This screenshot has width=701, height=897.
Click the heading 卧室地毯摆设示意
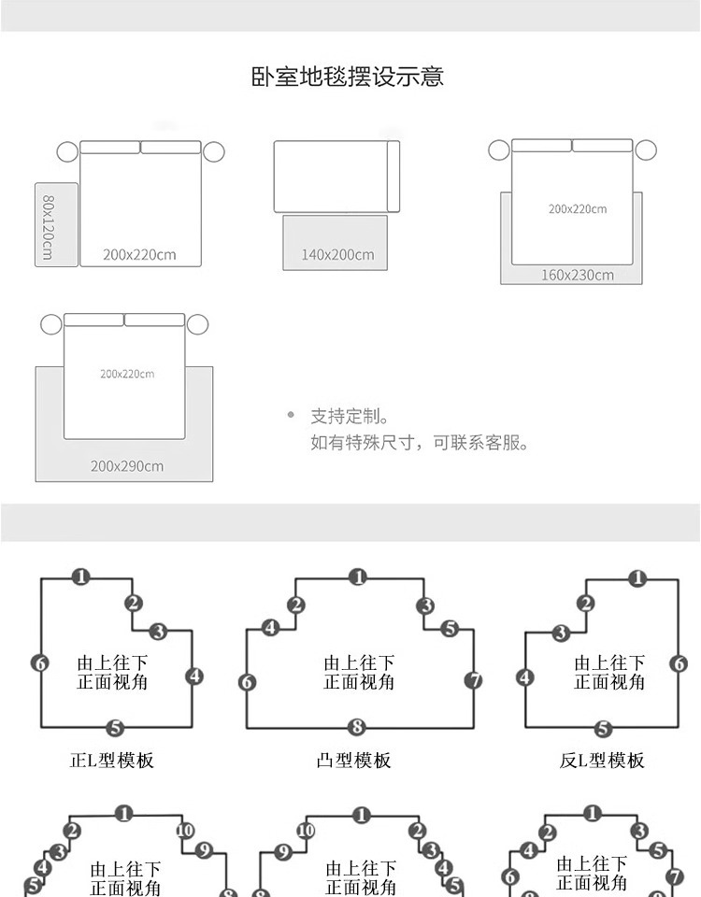pos(347,77)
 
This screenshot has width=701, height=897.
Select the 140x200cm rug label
pos(337,254)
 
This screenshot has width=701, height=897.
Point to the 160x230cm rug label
pos(578,275)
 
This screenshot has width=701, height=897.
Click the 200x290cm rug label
pos(127,465)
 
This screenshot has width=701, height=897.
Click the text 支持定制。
pos(350,416)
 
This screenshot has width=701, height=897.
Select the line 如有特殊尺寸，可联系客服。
pos(420,442)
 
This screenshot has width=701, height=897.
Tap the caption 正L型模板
pos(112,761)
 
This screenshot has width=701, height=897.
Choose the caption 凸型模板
pos(353,761)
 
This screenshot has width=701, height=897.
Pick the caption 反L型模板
pos(602,761)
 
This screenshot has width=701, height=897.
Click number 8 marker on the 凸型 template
pos(356,727)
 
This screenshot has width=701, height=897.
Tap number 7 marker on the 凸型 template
pos(474,680)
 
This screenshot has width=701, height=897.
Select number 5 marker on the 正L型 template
pos(115,727)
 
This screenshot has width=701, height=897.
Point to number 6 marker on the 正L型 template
pos(39,662)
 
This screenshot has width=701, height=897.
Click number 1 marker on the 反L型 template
pos(638,578)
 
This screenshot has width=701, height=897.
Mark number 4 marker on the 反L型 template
pos(525,676)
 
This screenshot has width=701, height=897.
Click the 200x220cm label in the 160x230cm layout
pos(577,209)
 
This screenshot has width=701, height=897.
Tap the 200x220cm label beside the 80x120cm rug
pos(139,254)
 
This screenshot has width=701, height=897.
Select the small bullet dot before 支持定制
pos(291,415)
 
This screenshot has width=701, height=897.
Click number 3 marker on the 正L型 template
pos(158,631)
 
